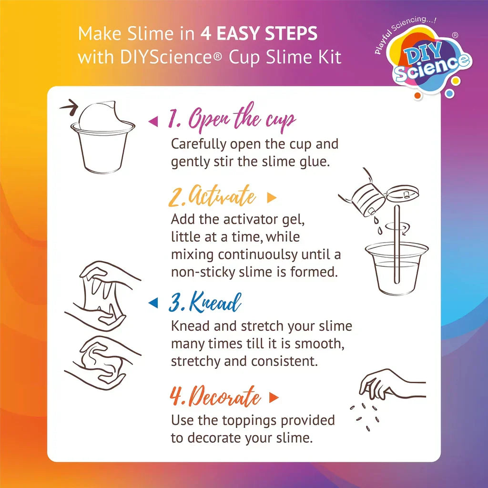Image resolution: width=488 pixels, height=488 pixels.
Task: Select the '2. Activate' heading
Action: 212,197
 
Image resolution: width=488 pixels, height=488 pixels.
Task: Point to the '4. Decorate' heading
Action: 215,397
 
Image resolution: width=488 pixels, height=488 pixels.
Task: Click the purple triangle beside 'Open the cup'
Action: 153,122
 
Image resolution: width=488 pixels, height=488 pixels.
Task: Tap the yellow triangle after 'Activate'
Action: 272,198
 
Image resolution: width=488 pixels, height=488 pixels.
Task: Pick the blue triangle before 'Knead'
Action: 153,302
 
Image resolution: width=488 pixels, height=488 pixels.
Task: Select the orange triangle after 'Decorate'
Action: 274,397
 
